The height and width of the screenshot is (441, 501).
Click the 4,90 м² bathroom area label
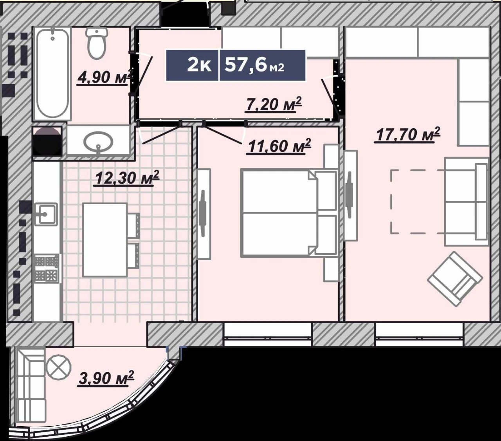coord(106,77)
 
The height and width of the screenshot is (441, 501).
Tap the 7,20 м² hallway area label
coord(273,105)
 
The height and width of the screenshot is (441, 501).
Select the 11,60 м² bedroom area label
coord(278,147)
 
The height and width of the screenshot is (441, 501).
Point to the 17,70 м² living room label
coord(408,135)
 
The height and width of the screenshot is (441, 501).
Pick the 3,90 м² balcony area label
coord(106,378)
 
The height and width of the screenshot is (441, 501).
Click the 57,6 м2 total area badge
coord(262,65)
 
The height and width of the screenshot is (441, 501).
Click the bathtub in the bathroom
coord(52,74)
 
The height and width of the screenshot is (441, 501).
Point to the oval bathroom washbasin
coord(98,142)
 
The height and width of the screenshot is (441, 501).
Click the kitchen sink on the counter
coord(46,214)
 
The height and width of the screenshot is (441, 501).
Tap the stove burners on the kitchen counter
coord(47,268)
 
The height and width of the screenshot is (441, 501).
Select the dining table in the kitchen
coord(105,239)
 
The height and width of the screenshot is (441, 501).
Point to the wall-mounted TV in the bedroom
coord(204,214)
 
